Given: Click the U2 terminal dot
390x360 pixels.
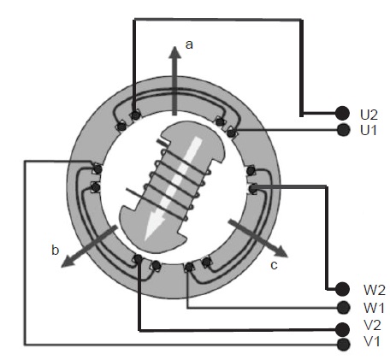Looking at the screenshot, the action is pyautogui.click(x=342, y=113).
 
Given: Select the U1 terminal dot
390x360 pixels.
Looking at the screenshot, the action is pyautogui.click(x=343, y=130).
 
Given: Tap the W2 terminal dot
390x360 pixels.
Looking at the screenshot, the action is pyautogui.click(x=342, y=289).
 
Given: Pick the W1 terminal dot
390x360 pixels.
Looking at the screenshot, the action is pyautogui.click(x=343, y=307).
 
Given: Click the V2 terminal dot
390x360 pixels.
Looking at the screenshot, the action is pyautogui.click(x=342, y=329).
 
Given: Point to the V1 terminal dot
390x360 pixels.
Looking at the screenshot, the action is pyautogui.click(x=343, y=345).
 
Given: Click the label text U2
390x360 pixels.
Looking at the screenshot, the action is pyautogui.click(x=369, y=115).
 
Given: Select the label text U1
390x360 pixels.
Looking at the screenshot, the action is pyautogui.click(x=369, y=130).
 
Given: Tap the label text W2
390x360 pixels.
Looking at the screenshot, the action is pyautogui.click(x=375, y=290).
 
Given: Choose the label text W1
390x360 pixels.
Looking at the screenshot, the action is pyautogui.click(x=374, y=308).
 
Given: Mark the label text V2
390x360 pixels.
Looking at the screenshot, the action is pyautogui.click(x=372, y=325).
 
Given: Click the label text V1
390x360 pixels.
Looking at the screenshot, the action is pyautogui.click(x=371, y=341).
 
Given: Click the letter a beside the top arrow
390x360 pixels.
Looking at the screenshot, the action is pyautogui.click(x=189, y=44).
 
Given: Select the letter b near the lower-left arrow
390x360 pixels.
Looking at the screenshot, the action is pyautogui.click(x=56, y=250).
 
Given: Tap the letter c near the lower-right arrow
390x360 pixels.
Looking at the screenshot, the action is pyautogui.click(x=274, y=265).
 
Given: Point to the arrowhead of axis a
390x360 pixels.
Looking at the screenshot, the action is pyautogui.click(x=174, y=53).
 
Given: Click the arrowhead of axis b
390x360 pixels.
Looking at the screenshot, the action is pyautogui.click(x=68, y=262).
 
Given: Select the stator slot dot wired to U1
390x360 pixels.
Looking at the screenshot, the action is pyautogui.click(x=231, y=133).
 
